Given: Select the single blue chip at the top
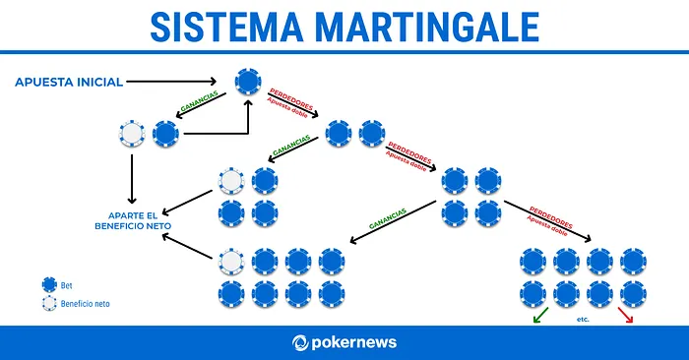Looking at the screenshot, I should [x=248, y=82].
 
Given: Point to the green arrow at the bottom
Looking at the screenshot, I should [x=538, y=317].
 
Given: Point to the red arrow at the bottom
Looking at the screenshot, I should [x=625, y=317].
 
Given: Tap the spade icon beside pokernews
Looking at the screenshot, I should [x=301, y=342].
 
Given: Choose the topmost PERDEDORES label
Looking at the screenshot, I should [x=291, y=98].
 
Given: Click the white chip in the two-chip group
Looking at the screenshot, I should [x=130, y=133].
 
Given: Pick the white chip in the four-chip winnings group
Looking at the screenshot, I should [x=232, y=181].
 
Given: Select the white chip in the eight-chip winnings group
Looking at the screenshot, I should [x=232, y=261].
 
